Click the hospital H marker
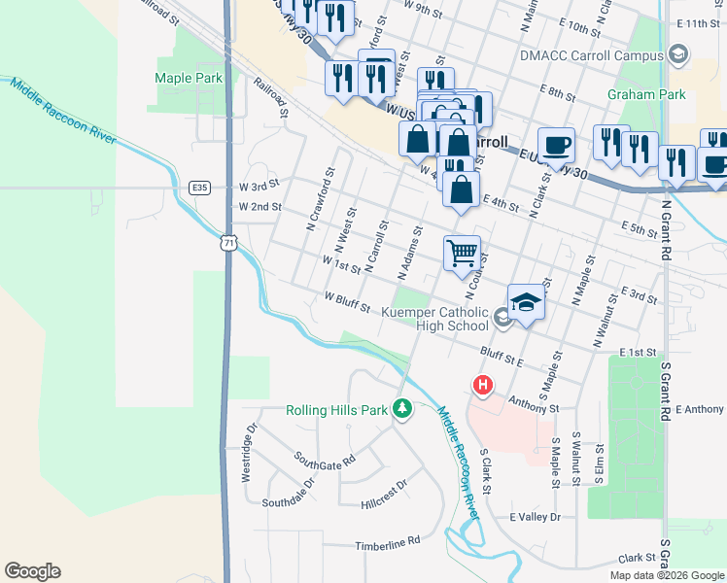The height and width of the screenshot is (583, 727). (x=482, y=386)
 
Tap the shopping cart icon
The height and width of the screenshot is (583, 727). (x=463, y=252)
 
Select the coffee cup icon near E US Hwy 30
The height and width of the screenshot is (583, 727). (x=556, y=145)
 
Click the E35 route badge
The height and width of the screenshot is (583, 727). (x=200, y=188)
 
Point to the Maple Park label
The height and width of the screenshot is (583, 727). (x=189, y=78)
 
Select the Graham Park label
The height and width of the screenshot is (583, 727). (x=646, y=94)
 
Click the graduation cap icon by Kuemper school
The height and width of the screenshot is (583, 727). (x=526, y=302)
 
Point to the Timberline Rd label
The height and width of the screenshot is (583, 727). (x=387, y=540)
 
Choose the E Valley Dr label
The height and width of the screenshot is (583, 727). (x=535, y=517)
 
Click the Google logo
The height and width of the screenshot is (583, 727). (x=32, y=571)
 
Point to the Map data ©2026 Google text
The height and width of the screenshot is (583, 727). (x=666, y=575)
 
